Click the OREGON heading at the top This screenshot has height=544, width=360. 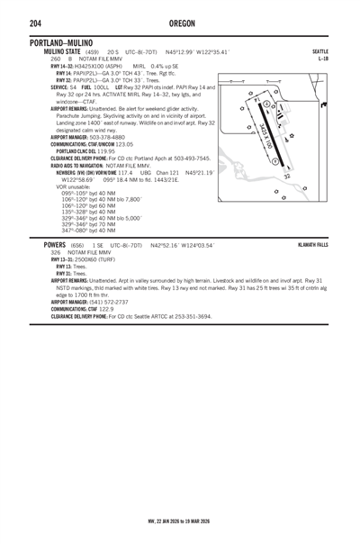(x=179, y=23)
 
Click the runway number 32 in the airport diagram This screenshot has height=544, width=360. (x=285, y=177)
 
